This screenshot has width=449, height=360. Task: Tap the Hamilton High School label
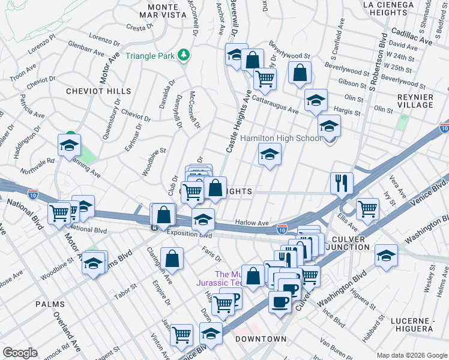coord(280,138)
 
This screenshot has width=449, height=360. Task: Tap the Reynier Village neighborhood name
coord(415,101)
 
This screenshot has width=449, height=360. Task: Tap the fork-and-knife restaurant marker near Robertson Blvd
coord(342,182)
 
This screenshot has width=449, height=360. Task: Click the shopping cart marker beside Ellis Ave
coord(367,208)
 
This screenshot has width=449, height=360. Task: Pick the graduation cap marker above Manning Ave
coord(70,145)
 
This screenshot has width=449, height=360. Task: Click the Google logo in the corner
coord(20,352)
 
